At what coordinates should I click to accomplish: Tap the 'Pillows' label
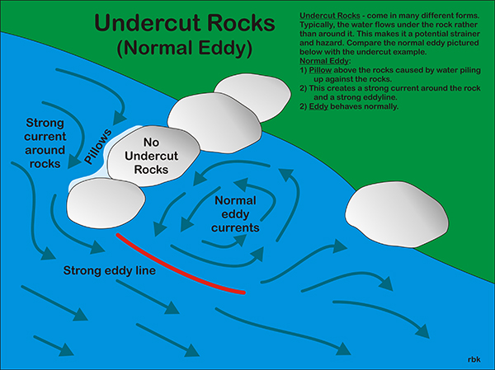tap(98, 147)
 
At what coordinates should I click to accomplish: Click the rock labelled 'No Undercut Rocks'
tap(153, 156)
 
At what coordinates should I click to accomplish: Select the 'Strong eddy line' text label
tap(109, 270)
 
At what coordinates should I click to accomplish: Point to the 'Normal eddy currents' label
tap(235, 214)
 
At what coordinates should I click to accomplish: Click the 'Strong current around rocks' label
tap(45, 143)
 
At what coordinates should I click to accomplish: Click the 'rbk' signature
tap(474, 359)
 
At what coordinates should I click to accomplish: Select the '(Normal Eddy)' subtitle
tap(185, 49)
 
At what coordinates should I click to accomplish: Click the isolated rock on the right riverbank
tap(397, 214)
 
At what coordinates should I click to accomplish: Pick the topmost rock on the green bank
tap(252, 96)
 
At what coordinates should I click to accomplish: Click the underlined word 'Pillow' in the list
tap(320, 70)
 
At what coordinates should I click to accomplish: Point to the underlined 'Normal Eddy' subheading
tap(324, 61)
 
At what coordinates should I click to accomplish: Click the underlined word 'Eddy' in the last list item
tap(318, 106)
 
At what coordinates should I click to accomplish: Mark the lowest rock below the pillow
tap(106, 203)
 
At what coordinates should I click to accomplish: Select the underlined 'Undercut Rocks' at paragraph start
tap(330, 16)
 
